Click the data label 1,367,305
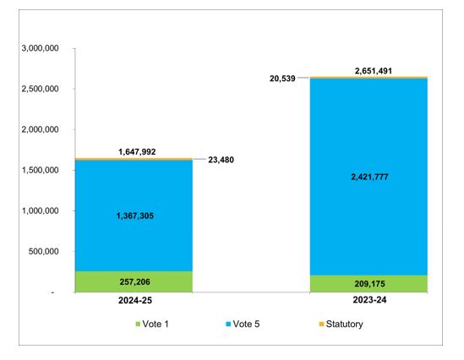pos(134,216)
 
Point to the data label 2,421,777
pos(368,177)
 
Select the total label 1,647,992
pos(134,153)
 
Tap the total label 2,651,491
pos(368,71)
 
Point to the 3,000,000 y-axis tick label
pos(38,49)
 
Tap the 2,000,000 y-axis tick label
pos(38,130)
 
